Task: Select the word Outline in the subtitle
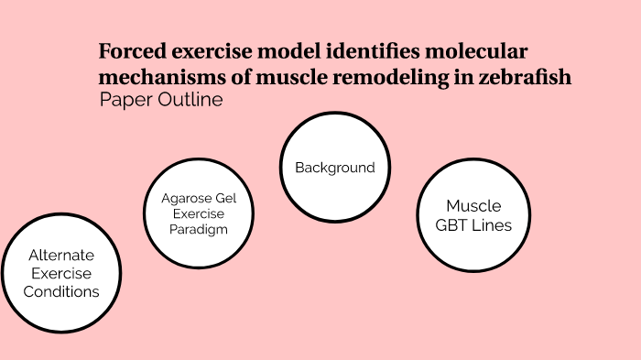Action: point(189,100)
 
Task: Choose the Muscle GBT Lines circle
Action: point(473,215)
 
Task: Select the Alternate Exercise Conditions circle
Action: point(61,274)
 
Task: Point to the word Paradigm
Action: point(199,229)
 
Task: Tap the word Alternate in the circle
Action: point(61,256)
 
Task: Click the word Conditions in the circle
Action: point(61,292)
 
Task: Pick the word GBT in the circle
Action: point(454,225)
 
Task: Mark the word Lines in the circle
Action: point(492,225)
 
